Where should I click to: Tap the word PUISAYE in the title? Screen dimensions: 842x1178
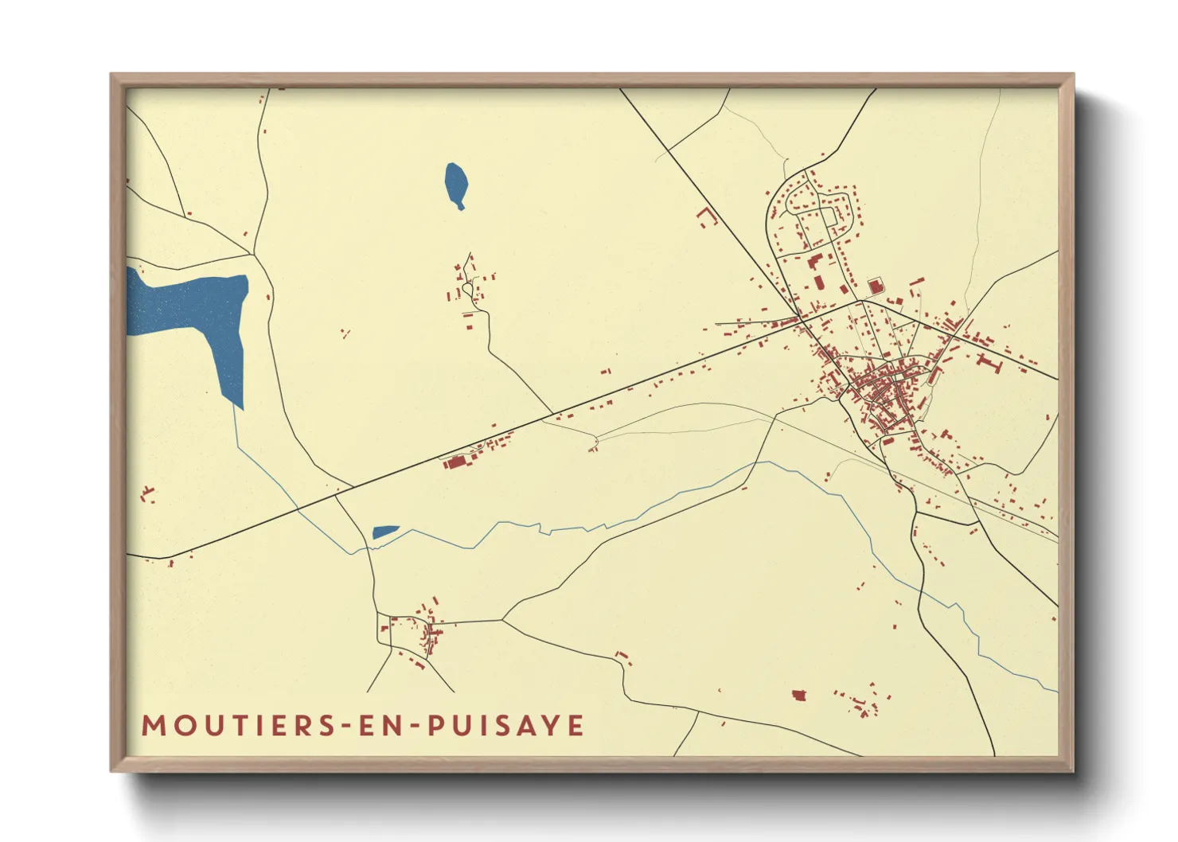506,726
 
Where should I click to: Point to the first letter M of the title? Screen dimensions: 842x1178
152,726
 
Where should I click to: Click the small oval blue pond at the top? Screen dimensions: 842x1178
455,185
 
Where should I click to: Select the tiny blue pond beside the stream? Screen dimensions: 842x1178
384,532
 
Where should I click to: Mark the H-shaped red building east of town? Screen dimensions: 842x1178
988,362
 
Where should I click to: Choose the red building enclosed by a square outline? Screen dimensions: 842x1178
875,286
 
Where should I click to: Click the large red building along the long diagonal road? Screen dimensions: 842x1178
457,462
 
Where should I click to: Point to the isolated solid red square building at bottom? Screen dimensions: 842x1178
799,696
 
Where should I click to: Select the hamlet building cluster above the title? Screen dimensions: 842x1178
422,633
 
